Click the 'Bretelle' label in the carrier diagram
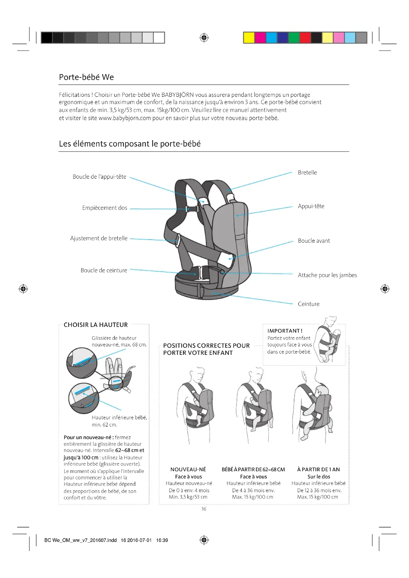click(307, 173)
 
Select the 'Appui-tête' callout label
click(311, 206)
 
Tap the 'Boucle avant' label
click(314, 241)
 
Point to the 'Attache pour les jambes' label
click(327, 275)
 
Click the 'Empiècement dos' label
click(105, 208)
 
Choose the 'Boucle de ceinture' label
click(104, 270)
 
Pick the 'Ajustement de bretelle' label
click(99, 238)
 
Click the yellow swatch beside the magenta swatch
click(249, 38)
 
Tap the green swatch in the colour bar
click(294, 38)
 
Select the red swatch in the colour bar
click(305, 38)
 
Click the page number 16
click(204, 509)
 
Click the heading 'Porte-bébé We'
click(86, 77)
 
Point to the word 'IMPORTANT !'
click(285, 331)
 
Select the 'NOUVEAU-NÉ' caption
click(188, 470)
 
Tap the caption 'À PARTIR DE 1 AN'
click(318, 470)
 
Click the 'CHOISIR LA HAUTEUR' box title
click(96, 325)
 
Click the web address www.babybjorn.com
click(125, 118)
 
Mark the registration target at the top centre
click(204, 38)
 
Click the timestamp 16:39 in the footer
click(162, 540)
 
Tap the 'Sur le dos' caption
click(318, 477)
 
